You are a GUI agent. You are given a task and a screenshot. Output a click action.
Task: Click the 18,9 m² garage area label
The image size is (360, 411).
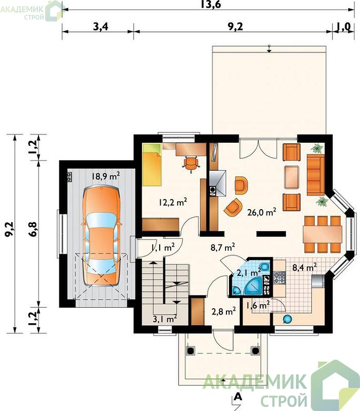tap(106, 176)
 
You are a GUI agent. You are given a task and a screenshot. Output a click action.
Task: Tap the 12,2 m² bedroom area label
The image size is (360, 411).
tap(173, 202)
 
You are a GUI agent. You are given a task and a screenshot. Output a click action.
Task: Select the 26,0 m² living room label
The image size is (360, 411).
tap(262, 212)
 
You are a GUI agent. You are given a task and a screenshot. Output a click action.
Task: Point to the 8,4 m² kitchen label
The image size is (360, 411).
tap(305, 267)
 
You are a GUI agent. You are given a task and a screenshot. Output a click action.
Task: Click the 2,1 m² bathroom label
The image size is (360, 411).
tap(249, 273)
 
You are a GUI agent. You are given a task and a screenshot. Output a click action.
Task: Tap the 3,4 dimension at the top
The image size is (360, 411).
tap(101, 27)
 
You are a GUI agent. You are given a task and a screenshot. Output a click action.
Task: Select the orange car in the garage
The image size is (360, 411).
tap(101, 235)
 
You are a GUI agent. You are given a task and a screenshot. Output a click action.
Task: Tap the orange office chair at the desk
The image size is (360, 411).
tap(191, 164)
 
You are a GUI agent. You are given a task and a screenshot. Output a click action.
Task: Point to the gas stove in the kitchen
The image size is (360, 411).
tap(279, 278)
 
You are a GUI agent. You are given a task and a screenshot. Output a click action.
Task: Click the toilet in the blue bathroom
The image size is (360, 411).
tap(265, 267)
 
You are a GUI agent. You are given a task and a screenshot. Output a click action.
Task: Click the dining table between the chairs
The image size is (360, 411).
tap(323, 234)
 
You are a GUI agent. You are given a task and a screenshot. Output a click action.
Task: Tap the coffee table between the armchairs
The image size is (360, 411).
tap(292, 177)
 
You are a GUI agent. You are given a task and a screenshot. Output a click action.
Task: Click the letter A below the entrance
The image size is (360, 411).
tap(238, 396)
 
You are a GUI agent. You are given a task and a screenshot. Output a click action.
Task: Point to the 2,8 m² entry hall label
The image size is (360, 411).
tap(223, 311)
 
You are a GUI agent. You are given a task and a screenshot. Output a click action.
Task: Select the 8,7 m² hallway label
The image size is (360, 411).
tap(223, 247)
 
